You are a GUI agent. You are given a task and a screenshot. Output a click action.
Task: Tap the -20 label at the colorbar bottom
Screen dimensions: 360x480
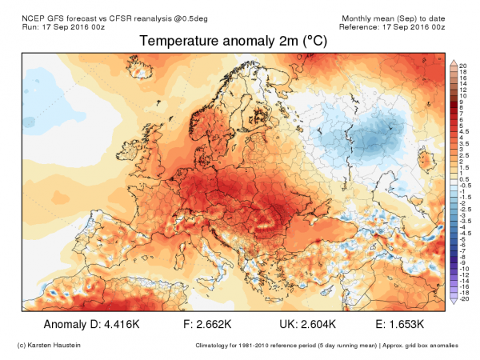pyautogui.click(x=464, y=298)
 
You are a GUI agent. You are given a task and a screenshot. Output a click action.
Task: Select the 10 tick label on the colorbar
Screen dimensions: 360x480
pyautogui.click(x=463, y=95)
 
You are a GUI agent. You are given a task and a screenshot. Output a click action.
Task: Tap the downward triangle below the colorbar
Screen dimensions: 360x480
pyautogui.click(x=454, y=302)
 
